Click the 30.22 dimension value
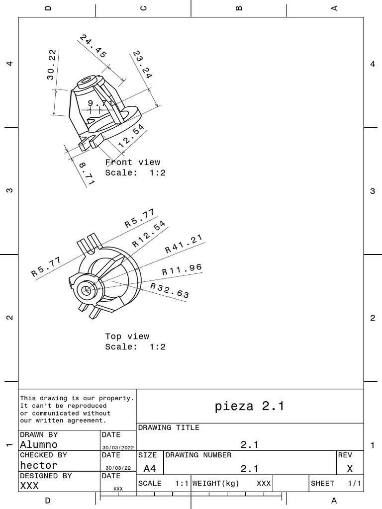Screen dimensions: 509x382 pos(51,65)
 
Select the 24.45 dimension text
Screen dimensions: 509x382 pos(93,46)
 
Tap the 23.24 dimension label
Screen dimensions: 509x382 pos(142,64)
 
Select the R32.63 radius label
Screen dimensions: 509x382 pos(170,291)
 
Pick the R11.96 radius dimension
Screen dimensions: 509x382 pos(182,269)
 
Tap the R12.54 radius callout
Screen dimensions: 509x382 pos(149,234)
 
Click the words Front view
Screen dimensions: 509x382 pos(133,162)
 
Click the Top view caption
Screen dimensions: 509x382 pos(127,337)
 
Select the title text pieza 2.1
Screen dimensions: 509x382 pos(249,406)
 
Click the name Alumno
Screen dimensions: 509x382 pos(39,445)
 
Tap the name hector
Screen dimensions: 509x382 pos(39,465)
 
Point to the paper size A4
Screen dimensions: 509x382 pos(149,468)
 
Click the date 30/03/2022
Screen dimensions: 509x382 pos(118,447)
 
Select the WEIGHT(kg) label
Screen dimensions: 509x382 pos(215,483)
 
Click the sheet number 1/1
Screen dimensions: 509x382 pos(354,483)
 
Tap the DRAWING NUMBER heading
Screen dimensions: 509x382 pos(198,455)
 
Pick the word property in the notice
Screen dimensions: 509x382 pos(117,398)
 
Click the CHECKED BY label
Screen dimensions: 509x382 pos(43,455)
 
